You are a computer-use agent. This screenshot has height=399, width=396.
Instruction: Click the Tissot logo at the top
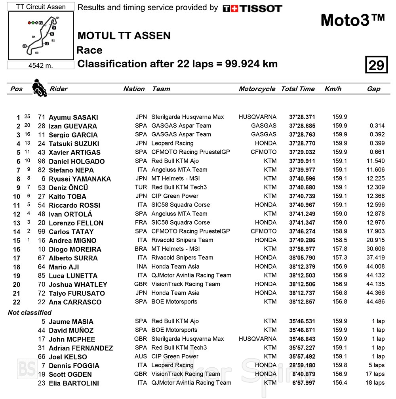tap(252, 8)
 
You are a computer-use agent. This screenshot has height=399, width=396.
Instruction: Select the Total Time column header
tap(298, 89)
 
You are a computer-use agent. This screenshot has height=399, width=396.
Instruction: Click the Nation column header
tap(134, 89)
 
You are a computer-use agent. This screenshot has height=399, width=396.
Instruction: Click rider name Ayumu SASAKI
tap(73, 117)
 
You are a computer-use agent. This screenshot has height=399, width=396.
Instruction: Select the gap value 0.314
tap(377, 126)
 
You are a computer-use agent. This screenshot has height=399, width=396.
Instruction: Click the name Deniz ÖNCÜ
tap(68, 188)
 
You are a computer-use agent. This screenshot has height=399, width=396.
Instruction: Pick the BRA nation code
tap(141, 249)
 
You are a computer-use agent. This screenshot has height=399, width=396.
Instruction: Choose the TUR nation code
tap(141, 187)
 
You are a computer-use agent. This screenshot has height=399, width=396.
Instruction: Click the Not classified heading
tap(30, 313)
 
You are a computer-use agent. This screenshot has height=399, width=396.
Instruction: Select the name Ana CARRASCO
tap(75, 302)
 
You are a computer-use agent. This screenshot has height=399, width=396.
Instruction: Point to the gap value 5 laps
tap(375, 365)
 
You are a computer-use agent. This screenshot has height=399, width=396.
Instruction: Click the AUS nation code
tap(141, 356)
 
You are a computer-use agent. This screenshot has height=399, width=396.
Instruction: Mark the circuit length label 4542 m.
tap(41, 65)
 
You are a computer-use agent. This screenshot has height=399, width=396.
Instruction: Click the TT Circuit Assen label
tap(41, 7)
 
